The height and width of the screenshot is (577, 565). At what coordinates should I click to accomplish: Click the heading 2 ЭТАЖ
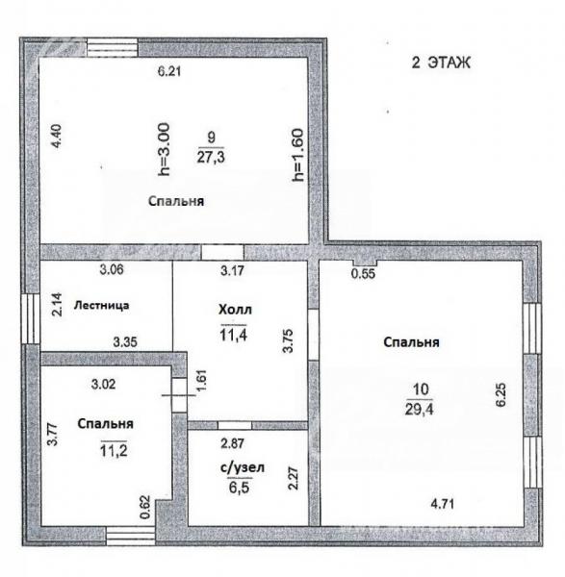pos(441,63)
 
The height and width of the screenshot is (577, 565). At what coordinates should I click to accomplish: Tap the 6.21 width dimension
pos(169,71)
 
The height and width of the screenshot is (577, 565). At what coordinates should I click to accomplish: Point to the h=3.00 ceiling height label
pos(164,149)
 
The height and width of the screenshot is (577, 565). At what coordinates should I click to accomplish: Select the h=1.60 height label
pos(297,155)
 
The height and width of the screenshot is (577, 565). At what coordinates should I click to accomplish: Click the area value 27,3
pos(211,157)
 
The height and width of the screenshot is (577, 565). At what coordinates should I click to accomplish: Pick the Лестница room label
pos(102,306)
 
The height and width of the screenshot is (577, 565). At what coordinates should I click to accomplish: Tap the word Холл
pos(235,310)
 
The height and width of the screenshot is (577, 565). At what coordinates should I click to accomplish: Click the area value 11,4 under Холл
pos(234,335)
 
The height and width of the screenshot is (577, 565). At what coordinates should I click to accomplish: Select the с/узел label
pos(243,467)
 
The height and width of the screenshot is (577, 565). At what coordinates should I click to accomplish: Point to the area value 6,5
pos(239,488)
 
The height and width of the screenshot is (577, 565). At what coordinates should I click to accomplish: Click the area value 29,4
pos(419,409)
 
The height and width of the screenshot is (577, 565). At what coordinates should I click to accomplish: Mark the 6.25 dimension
pos(501,395)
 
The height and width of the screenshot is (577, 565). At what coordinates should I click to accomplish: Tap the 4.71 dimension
pos(443,503)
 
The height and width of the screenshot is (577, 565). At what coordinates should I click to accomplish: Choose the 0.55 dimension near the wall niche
pos(363,273)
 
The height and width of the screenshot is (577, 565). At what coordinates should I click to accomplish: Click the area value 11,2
pos(114,450)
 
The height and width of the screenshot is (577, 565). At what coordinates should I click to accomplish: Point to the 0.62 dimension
pos(145,508)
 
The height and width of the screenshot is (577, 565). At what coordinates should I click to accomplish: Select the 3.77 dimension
pos(53,435)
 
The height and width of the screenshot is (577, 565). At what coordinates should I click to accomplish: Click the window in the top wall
pos(113,47)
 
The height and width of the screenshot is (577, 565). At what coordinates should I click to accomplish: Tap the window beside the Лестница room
pos(31,318)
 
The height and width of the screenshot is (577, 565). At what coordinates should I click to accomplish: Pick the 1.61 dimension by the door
pos(201,381)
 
